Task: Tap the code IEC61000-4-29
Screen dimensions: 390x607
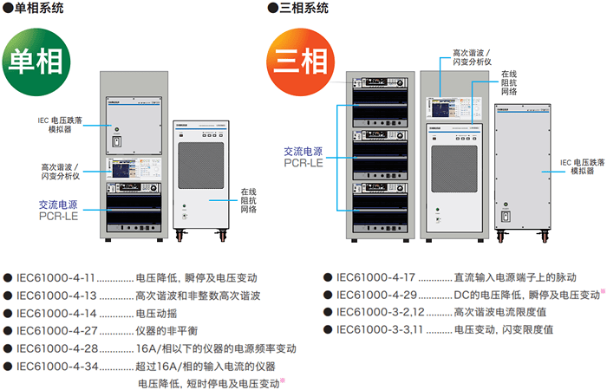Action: click(x=375, y=295)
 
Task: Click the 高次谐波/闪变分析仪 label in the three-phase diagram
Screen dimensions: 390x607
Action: click(x=473, y=57)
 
